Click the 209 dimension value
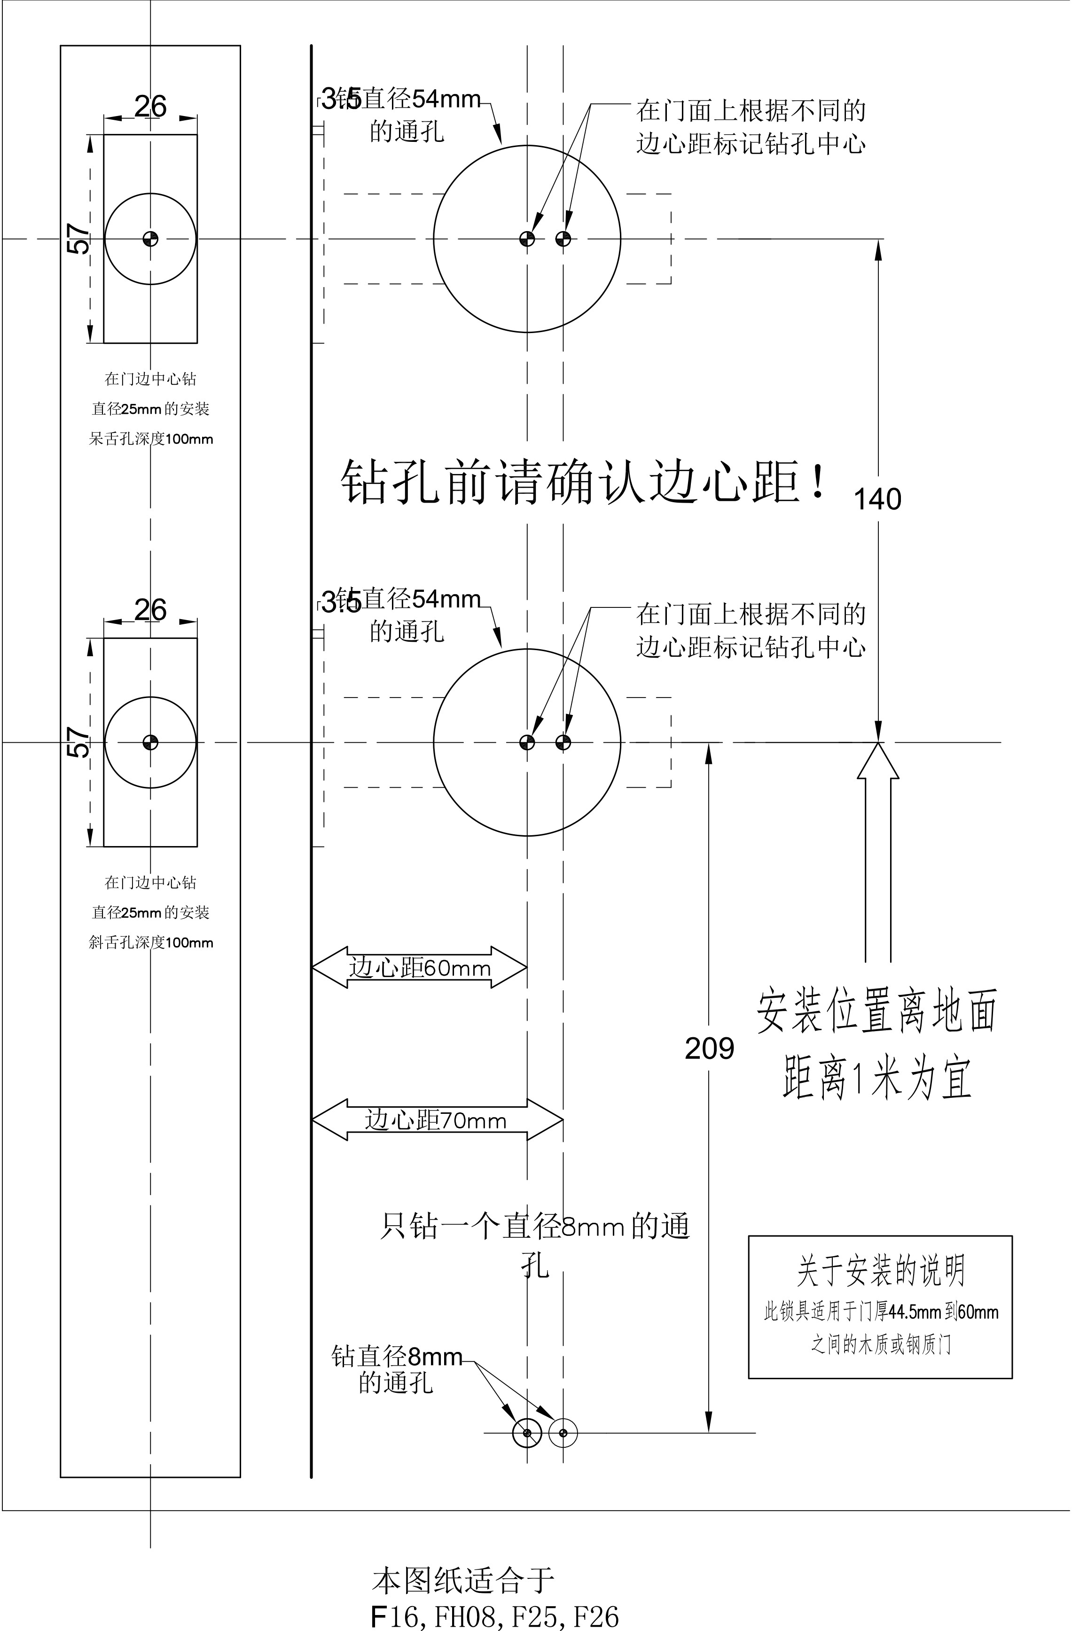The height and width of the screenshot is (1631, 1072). pos(709,1048)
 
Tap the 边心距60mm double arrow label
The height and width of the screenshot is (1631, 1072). pos(420,968)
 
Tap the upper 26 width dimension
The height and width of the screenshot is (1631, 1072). pos(150,106)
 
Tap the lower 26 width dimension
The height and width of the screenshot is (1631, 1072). pos(150,609)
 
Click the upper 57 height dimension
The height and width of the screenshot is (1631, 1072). pos(79,239)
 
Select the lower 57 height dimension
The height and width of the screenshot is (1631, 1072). pos(79,742)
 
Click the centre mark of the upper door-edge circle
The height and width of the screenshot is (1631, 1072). pos(150,239)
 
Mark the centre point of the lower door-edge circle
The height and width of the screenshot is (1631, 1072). pos(150,742)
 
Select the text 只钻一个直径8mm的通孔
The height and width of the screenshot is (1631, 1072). pos(535,1240)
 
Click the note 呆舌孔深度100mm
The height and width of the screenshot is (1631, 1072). pos(151,439)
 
